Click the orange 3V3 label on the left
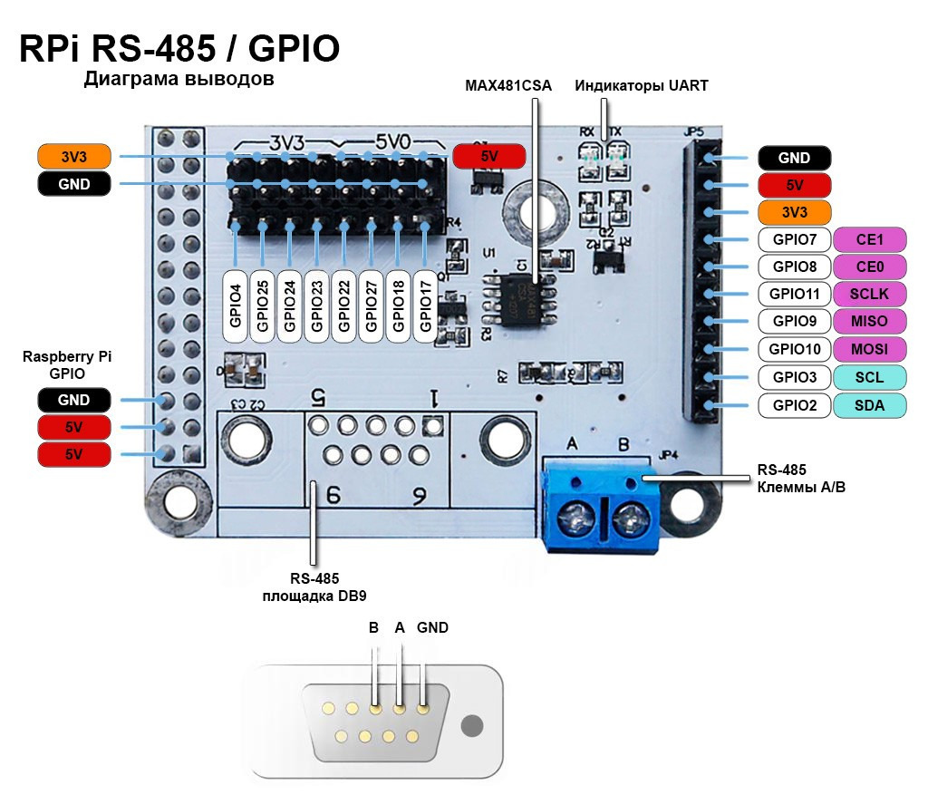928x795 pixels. [73, 157]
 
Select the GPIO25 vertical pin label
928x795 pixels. [263, 305]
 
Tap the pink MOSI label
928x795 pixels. [869, 349]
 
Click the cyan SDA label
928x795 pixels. [869, 405]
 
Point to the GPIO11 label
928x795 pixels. [794, 294]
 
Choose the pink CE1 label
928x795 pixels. [869, 239]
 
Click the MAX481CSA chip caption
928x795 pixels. [508, 86]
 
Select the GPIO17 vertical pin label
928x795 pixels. [426, 305]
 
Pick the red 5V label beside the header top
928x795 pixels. [488, 156]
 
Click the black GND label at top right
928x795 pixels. [794, 158]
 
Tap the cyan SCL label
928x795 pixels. [869, 377]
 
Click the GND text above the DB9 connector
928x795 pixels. [432, 627]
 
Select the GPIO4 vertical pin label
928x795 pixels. [236, 305]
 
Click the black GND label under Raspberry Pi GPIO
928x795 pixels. [73, 400]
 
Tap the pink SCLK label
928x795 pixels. [869, 294]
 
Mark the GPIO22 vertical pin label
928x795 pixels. [344, 305]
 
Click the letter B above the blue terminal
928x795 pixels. [623, 444]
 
